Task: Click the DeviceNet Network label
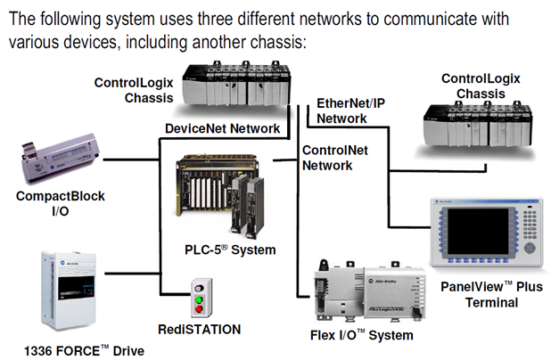click(222, 128)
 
